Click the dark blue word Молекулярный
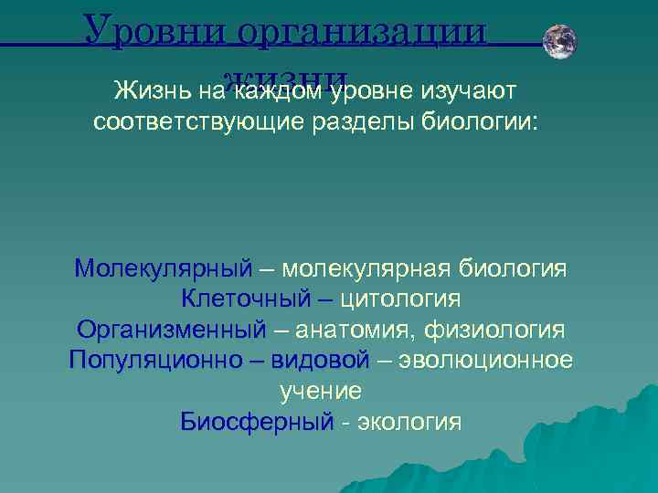click(163, 269)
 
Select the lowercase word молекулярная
click(366, 269)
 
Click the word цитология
click(399, 299)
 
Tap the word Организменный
click(171, 329)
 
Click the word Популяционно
click(154, 360)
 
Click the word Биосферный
click(257, 422)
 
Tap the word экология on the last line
click(409, 422)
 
